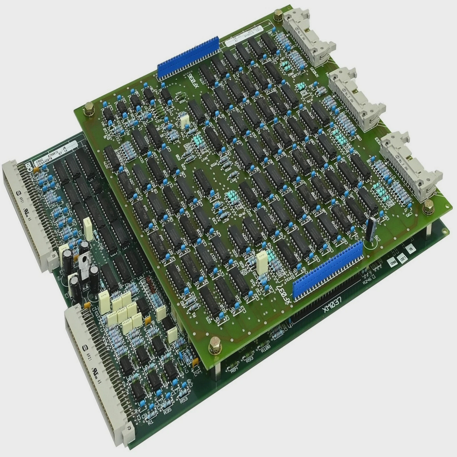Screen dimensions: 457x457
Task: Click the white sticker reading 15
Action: tap(411, 249)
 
